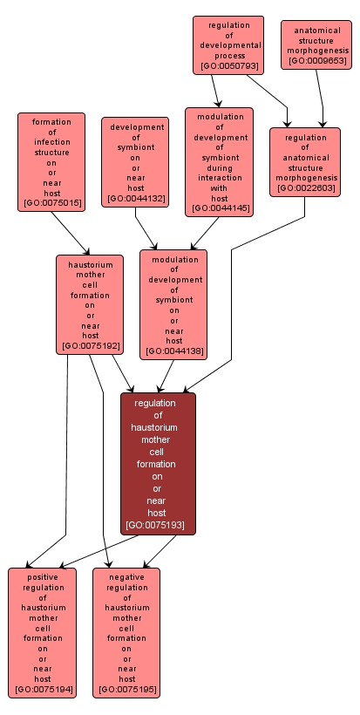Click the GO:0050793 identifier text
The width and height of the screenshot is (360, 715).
tap(228, 66)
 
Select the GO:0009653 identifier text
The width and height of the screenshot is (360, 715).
tap(316, 61)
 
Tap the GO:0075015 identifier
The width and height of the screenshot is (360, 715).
tap(51, 203)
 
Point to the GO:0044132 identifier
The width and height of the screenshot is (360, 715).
tap(135, 200)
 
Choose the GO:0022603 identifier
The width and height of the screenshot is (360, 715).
tap(304, 188)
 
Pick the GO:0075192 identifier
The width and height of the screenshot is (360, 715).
tap(90, 346)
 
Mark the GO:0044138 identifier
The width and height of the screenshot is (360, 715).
tap(173, 351)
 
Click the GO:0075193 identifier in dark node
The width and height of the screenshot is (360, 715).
tap(158, 526)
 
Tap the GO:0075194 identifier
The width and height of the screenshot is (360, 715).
tap(43, 690)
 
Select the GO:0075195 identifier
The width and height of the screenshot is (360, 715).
tap(126, 690)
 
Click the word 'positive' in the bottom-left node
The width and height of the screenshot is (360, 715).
tap(43, 577)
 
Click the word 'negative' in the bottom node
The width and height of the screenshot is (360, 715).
tap(126, 577)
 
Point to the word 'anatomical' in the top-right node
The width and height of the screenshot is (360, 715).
tap(316, 30)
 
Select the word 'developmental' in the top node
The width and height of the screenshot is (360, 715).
tap(228, 45)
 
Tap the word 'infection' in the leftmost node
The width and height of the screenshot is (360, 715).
tap(51, 142)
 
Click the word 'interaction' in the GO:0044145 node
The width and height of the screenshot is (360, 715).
tap(219, 177)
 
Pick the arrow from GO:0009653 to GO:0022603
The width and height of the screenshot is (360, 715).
tap(321, 99)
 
